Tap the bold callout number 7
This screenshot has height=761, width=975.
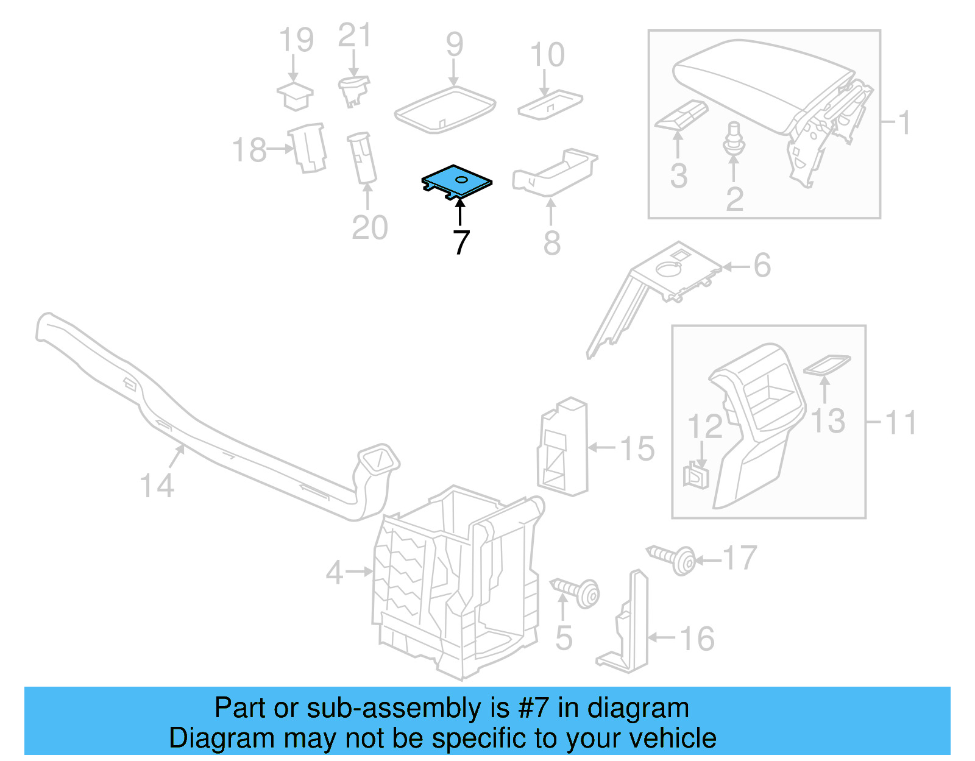(x=461, y=242)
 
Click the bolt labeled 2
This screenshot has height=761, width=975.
(x=734, y=140)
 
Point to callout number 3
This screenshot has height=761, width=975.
(x=678, y=176)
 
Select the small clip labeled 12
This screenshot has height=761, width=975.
(x=697, y=475)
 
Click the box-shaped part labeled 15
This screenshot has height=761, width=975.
(x=562, y=448)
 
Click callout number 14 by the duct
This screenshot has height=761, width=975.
(x=157, y=486)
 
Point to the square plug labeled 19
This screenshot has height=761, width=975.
(x=295, y=96)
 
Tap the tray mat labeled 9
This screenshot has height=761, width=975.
(x=445, y=108)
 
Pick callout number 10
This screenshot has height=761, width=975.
(x=547, y=55)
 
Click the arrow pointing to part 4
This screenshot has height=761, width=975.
(x=359, y=572)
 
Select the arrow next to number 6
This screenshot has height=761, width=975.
(x=737, y=266)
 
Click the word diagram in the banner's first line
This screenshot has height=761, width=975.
(x=638, y=709)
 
